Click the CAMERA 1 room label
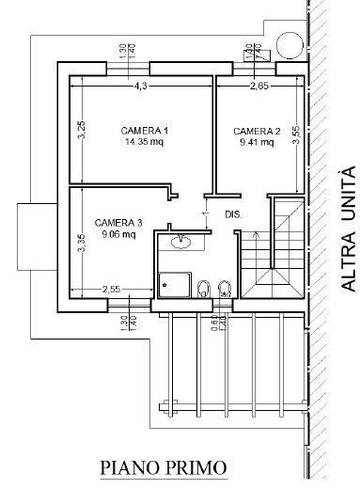click(x=144, y=130)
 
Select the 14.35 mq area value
click(x=144, y=143)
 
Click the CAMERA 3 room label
click(x=118, y=222)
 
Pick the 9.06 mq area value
click(x=117, y=235)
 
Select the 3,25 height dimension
click(x=82, y=132)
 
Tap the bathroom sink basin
click(x=180, y=243)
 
